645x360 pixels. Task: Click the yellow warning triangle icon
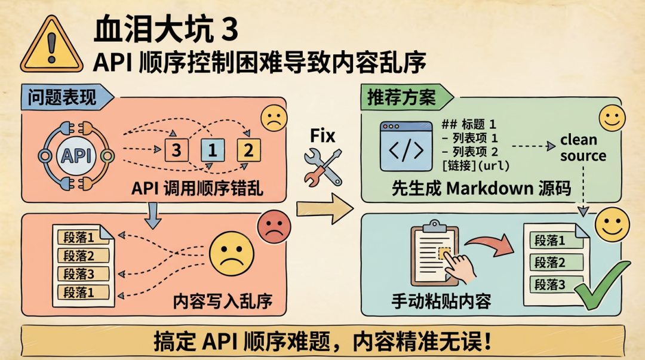[x=51, y=45]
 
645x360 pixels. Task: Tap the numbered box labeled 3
[x=176, y=150]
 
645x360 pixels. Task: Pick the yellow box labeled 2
[x=248, y=150]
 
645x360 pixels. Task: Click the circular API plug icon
[x=76, y=156]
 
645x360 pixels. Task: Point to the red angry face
[x=274, y=227]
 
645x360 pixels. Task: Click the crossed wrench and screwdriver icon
[x=323, y=167]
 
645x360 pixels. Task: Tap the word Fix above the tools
[x=322, y=136]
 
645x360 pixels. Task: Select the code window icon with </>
[x=406, y=146]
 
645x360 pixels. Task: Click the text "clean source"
[x=583, y=147]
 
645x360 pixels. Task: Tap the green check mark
[x=602, y=285]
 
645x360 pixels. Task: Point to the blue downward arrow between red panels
[x=153, y=216]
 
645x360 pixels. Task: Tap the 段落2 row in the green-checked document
[x=556, y=262]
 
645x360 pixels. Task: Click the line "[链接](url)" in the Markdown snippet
[x=476, y=165]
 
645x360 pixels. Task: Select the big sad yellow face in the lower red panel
[x=231, y=254]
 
